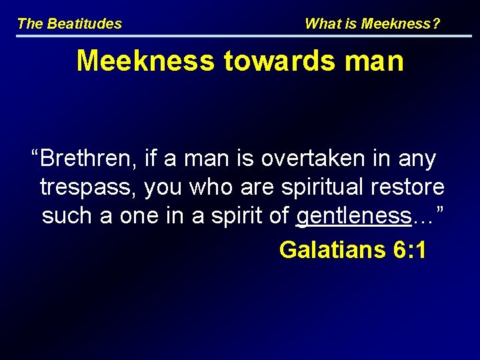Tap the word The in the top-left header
tap(30, 24)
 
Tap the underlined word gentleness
tap(353, 216)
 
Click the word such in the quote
tap(65, 216)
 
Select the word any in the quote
tap(417, 160)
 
